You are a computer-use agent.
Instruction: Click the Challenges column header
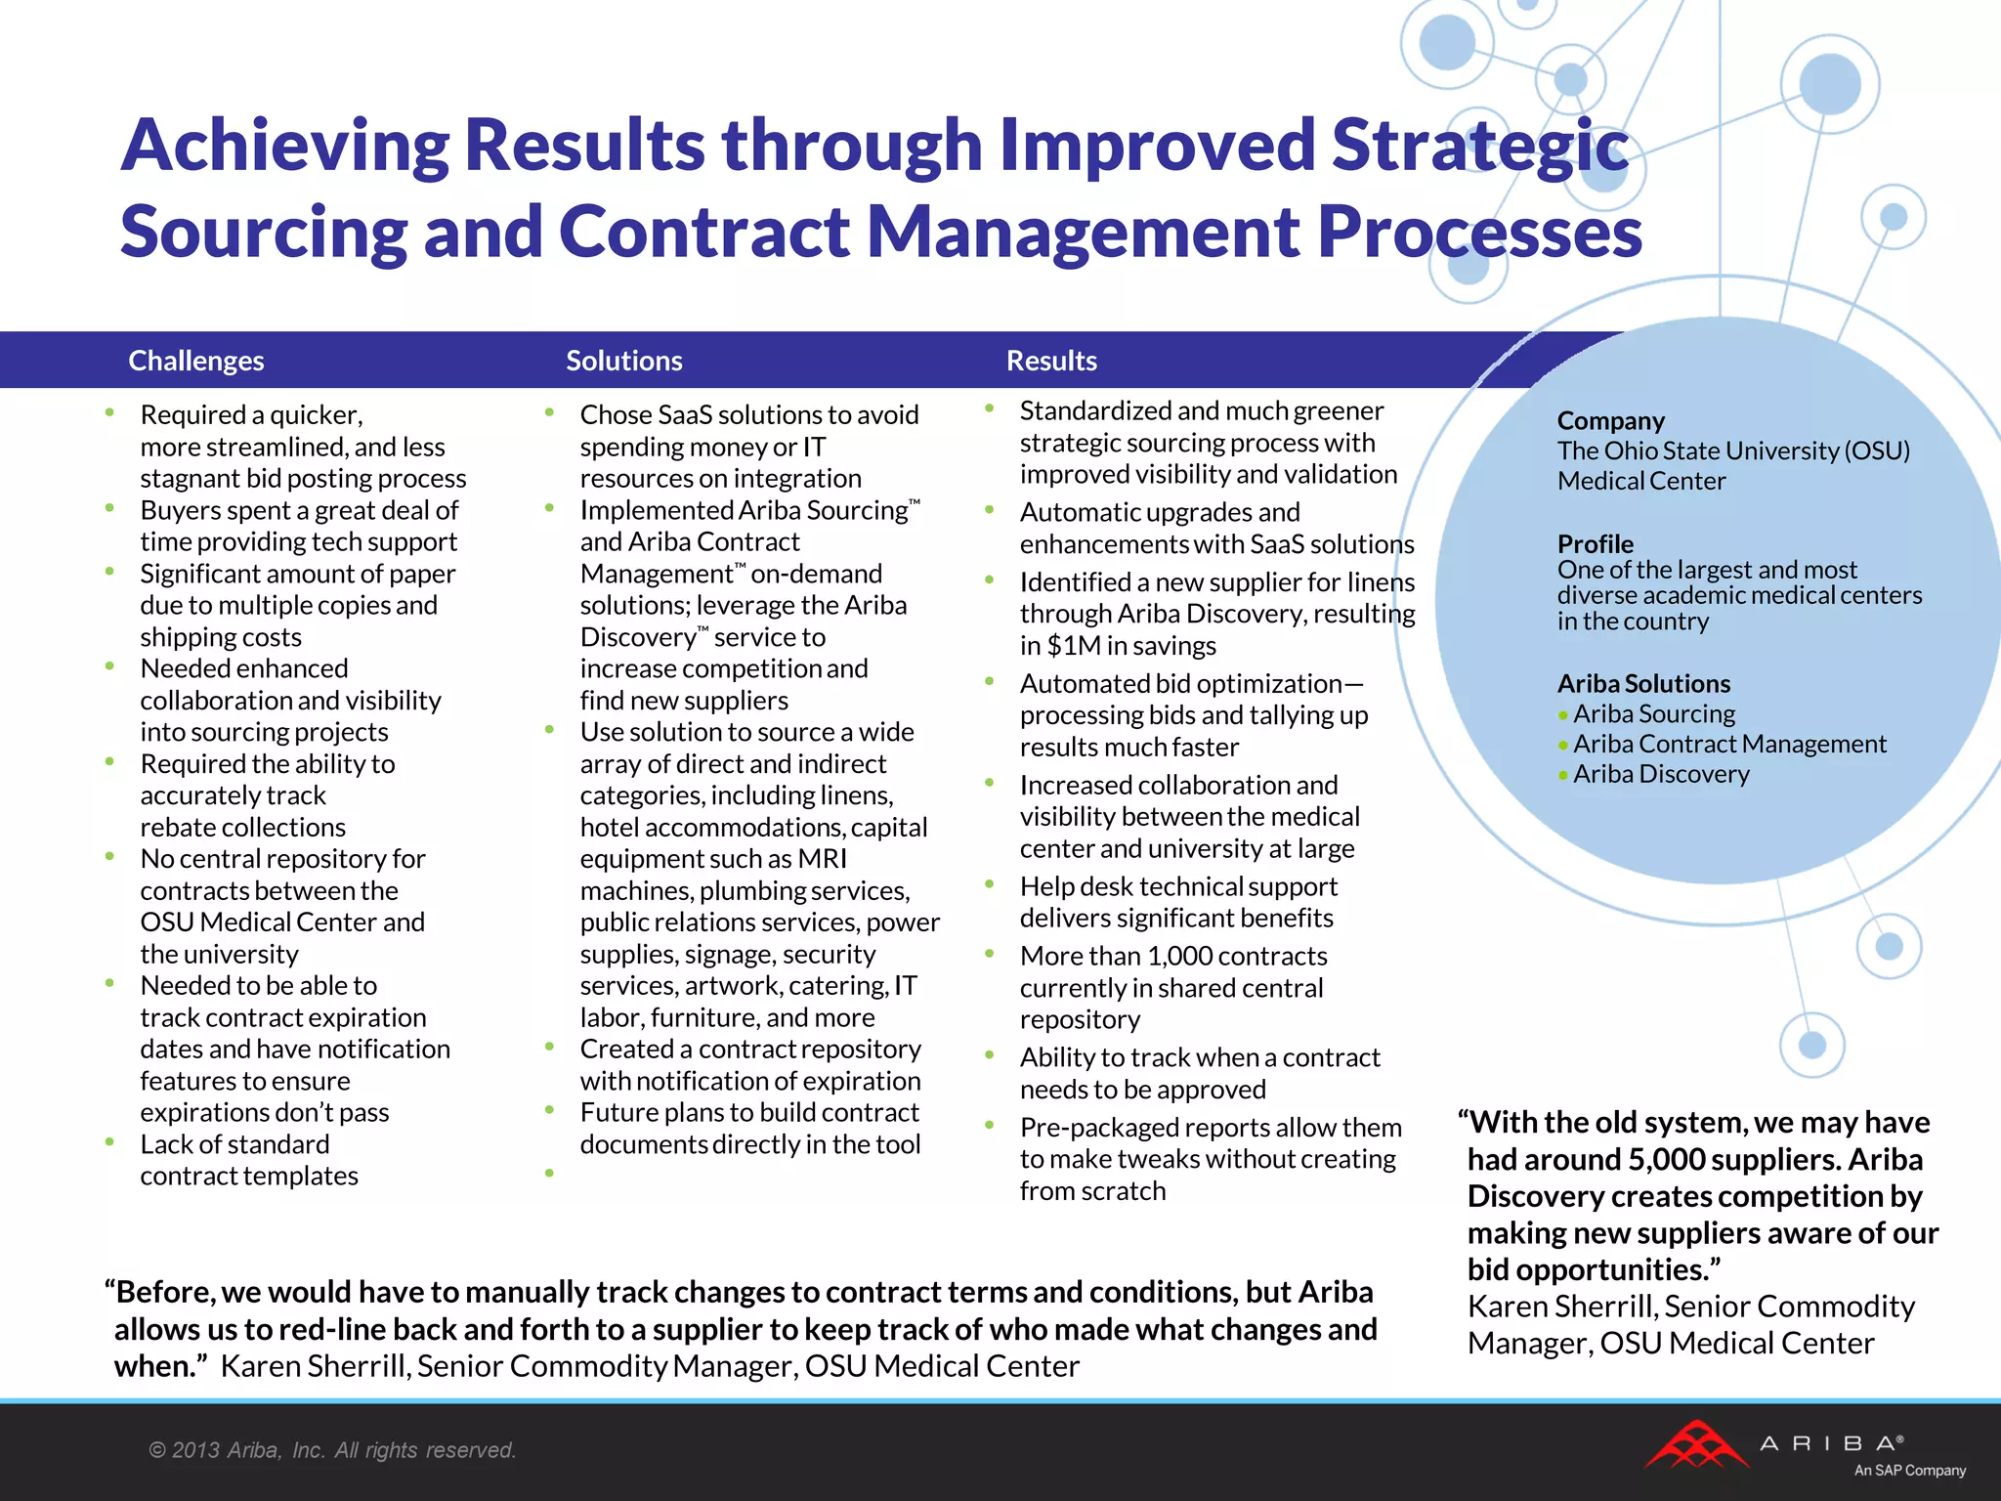[196, 361]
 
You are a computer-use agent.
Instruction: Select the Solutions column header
[624, 361]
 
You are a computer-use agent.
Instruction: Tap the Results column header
[1051, 361]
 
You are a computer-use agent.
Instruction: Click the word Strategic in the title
[1479, 145]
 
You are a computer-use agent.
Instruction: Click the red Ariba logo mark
[1696, 1446]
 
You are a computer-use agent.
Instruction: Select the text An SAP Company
[1909, 1471]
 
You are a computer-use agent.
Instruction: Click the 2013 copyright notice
[332, 1450]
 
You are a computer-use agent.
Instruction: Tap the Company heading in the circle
[1610, 421]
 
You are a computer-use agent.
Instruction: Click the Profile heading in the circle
[1595, 543]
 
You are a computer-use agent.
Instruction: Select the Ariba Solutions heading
[1643, 683]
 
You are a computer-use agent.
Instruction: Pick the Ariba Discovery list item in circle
[1661, 774]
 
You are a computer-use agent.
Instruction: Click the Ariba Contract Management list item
[1729, 744]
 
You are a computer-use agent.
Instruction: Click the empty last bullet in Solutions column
[550, 1173]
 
